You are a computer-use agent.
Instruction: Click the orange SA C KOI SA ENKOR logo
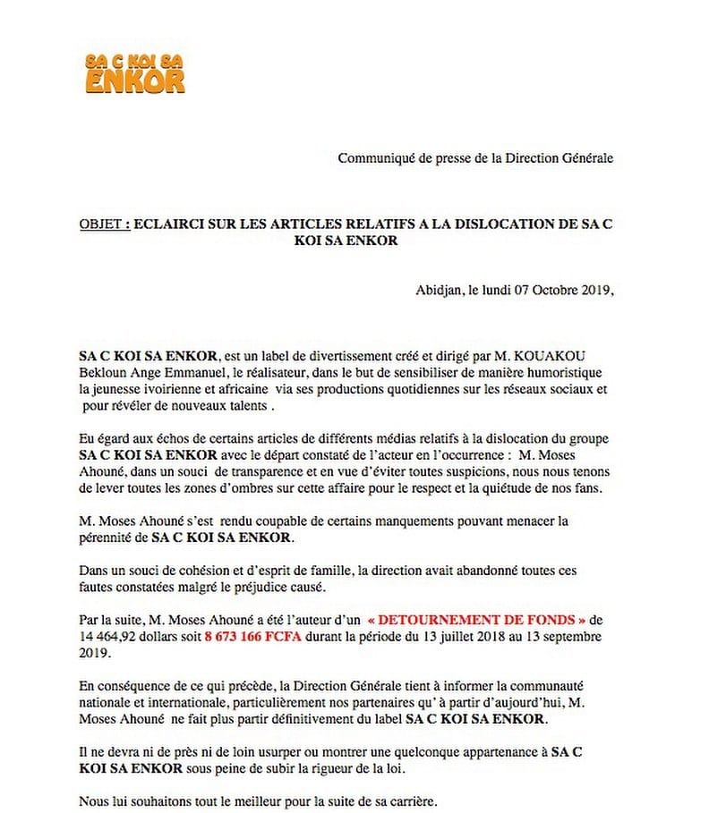coord(135,72)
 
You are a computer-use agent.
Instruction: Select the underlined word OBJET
coord(100,224)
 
